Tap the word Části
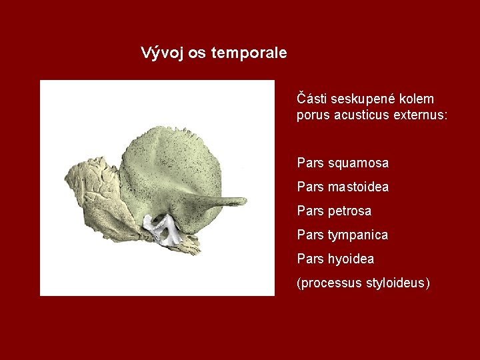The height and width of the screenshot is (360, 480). coord(311,99)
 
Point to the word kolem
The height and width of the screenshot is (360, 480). coord(417,99)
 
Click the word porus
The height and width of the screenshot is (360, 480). coord(312,115)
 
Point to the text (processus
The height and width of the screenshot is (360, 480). coord(329,283)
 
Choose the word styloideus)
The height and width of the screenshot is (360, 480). coord(398,283)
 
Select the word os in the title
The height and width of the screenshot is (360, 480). coord(197,53)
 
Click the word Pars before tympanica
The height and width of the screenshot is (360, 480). coord(311,235)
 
